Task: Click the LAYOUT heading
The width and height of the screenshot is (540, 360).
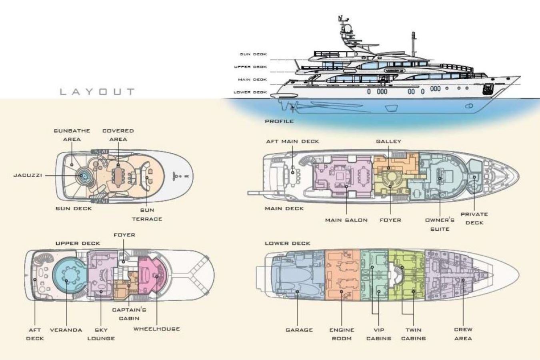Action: click(97, 92)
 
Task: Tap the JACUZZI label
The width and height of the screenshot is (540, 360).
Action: click(28, 175)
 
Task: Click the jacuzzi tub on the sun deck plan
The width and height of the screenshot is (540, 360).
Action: click(82, 176)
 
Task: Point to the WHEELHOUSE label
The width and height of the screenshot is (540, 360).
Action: click(157, 329)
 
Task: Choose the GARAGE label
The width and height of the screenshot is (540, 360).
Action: click(299, 330)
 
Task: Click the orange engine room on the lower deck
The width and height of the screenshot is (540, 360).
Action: click(342, 275)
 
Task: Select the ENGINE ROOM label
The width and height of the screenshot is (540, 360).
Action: click(342, 334)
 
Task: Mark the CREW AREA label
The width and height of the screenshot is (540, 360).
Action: click(463, 334)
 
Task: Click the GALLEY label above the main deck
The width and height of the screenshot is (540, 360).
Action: click(389, 141)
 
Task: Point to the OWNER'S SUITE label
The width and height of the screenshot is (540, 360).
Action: click(440, 224)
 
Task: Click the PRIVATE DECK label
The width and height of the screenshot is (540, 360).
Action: click(474, 218)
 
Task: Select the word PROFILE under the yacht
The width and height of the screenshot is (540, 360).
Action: click(280, 121)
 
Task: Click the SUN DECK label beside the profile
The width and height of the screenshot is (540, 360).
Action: click(253, 54)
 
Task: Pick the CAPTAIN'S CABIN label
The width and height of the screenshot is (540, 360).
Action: click(129, 314)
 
